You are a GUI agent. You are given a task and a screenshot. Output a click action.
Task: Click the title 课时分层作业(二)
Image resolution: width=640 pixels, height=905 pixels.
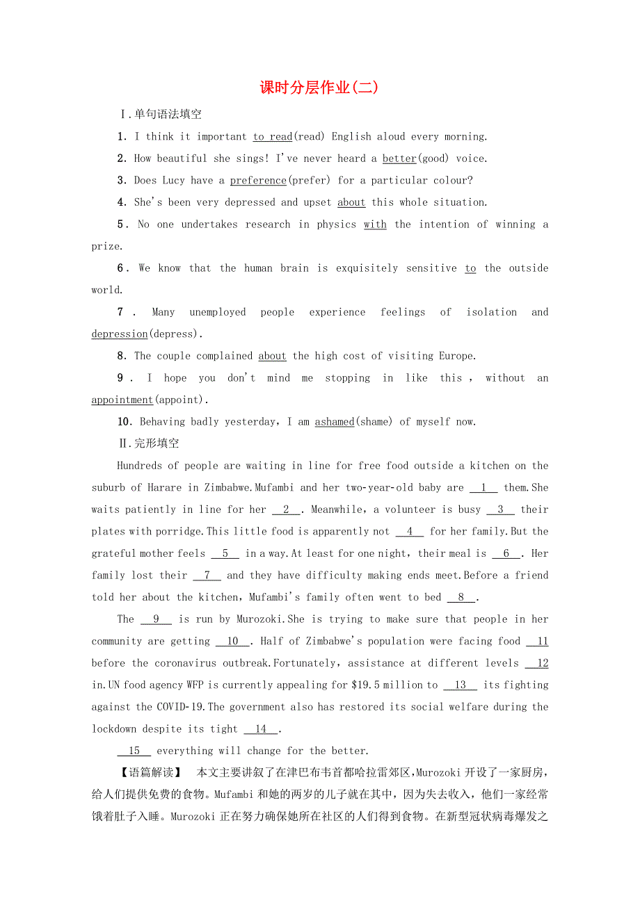pos(319,88)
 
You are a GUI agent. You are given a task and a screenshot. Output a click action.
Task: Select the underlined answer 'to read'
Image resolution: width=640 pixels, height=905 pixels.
pos(272,137)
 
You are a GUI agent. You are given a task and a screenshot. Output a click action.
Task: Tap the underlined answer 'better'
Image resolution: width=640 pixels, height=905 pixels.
pos(399,158)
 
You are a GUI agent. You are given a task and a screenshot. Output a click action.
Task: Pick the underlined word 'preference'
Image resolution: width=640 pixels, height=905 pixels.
pos(258,181)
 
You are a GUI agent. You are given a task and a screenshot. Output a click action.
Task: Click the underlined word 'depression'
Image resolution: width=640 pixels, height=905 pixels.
pos(120,334)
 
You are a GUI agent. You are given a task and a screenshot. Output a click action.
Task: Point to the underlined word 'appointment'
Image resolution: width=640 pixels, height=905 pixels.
pos(122,400)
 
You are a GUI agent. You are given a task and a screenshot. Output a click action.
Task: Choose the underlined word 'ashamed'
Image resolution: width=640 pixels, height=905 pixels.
pos(335,422)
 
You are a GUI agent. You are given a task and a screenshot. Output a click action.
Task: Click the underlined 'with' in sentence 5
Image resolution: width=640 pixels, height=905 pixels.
pos(375,225)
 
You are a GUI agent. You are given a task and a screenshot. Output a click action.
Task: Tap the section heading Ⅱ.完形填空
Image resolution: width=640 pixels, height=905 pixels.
pos(150,443)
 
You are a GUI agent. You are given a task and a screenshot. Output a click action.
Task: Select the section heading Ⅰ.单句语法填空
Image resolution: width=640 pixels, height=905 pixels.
pos(161,115)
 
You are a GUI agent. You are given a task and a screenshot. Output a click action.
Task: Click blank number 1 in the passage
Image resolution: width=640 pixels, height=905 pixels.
pos(483,488)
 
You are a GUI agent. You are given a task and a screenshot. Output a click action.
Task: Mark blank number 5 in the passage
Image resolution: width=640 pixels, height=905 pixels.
pos(225,554)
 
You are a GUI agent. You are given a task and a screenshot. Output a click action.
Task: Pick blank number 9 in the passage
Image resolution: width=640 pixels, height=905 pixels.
pos(156,619)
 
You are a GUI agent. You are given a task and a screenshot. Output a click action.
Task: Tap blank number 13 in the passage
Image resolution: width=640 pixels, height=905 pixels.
pos(460,685)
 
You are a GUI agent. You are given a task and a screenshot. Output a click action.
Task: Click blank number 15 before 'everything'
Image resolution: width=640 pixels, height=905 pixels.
pos(134,751)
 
